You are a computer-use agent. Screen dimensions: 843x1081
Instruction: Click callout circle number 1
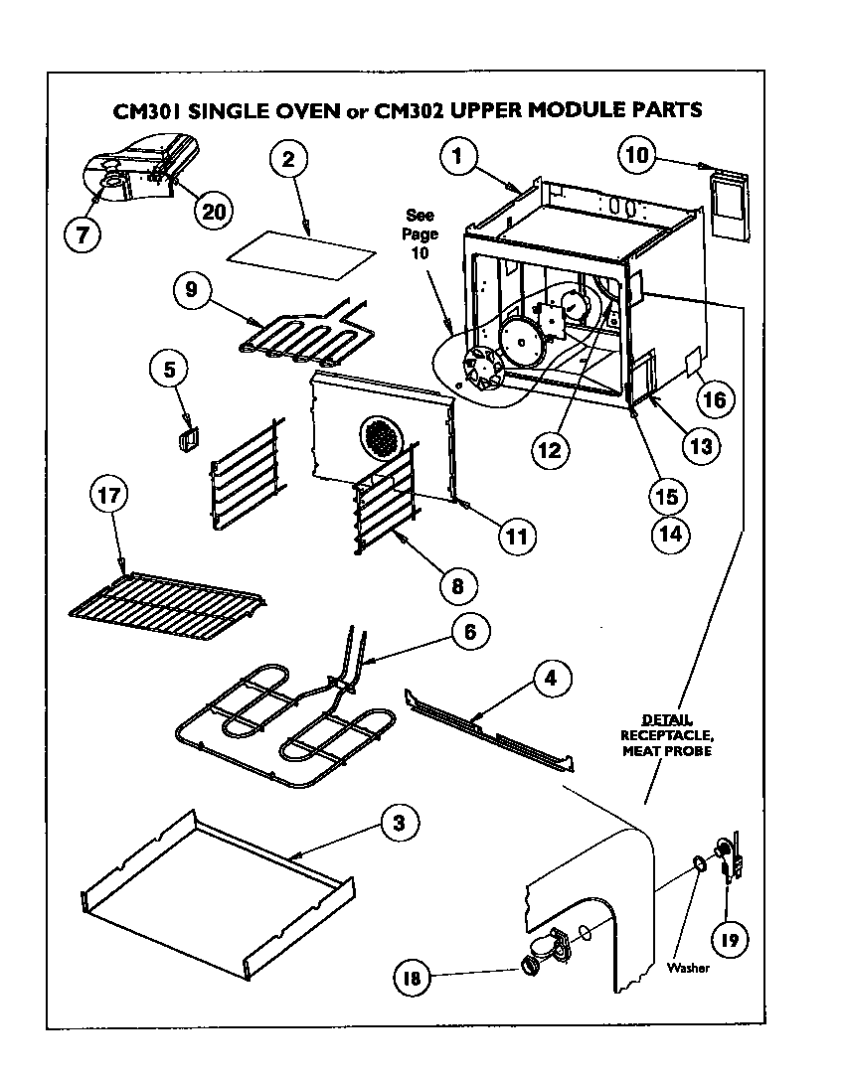click(458, 156)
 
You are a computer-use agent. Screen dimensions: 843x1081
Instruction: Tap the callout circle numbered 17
click(109, 497)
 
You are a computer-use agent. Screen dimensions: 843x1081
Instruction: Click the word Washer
click(689, 969)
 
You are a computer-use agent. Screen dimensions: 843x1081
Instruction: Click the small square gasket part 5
click(186, 439)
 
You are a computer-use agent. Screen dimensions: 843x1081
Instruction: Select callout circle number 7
click(83, 234)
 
